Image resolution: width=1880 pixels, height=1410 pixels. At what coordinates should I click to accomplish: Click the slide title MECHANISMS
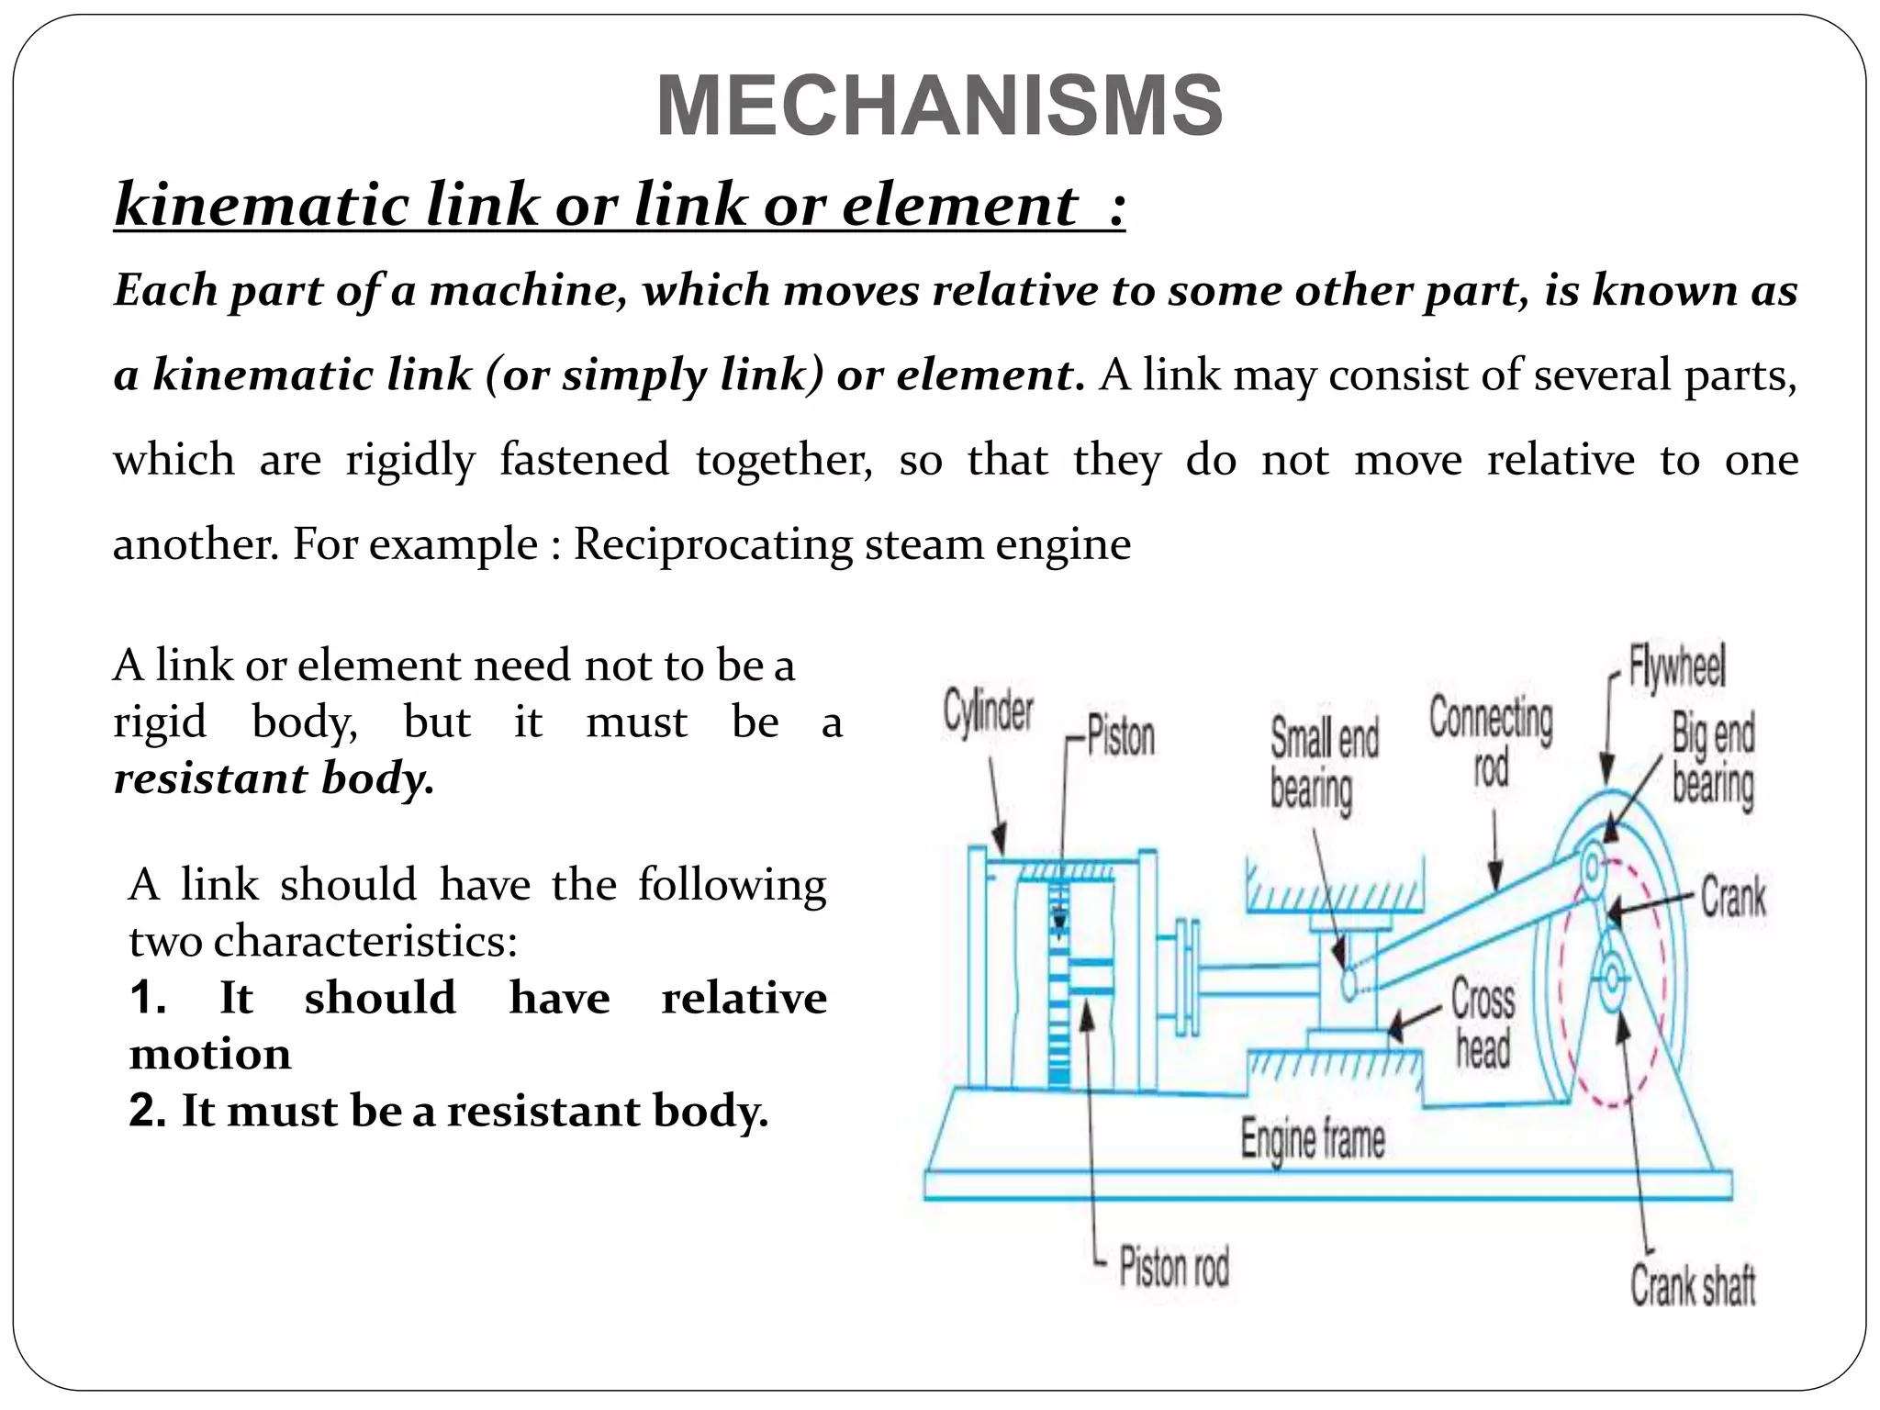point(939,106)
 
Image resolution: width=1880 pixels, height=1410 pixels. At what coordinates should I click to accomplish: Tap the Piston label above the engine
point(1120,736)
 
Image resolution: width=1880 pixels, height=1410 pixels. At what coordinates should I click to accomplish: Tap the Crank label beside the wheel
point(1732,897)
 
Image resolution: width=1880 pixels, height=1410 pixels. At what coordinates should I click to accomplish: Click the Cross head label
point(1483,1023)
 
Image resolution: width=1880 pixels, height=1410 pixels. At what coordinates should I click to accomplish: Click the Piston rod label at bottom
point(1173,1268)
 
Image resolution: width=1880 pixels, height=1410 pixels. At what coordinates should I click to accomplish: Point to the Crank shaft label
point(1692,1284)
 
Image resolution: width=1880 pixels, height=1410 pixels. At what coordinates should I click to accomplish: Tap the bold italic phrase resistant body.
point(274,778)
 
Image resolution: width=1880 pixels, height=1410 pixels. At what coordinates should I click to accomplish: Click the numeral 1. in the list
point(148,998)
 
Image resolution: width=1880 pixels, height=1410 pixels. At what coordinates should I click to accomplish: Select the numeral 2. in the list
point(148,1111)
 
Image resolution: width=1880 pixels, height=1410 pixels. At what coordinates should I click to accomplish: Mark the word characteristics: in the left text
point(323,941)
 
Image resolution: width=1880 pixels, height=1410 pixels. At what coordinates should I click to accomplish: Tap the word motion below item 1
point(210,1055)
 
